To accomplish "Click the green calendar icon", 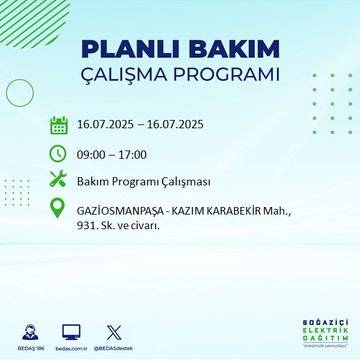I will coord(59,126).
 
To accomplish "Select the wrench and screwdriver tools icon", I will coord(59,180).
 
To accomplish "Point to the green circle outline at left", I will coord(20,92).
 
